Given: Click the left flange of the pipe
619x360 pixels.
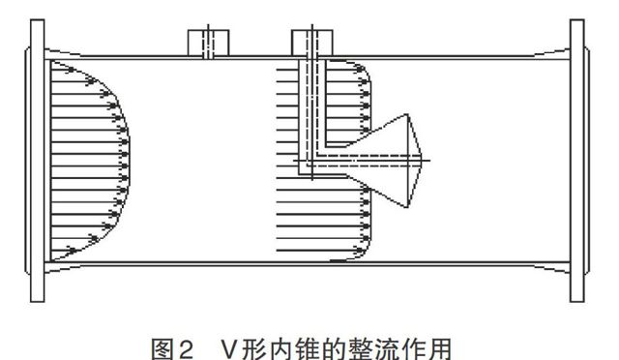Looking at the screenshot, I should click(x=37, y=159).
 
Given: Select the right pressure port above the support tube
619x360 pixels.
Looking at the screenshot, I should click(x=310, y=42).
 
